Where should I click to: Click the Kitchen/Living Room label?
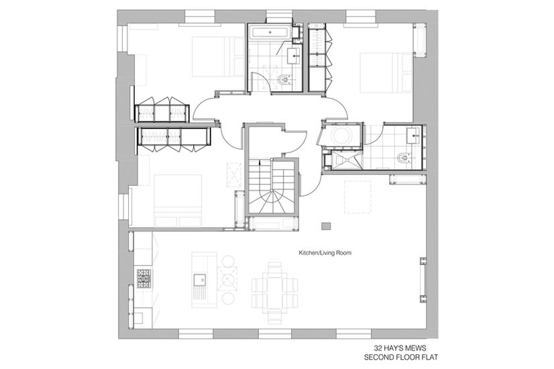pos(325,253)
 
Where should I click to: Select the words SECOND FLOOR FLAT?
pos(401,358)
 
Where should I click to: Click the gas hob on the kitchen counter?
pos(144,278)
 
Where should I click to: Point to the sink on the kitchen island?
pos(199,279)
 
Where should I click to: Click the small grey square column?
pos(326,226)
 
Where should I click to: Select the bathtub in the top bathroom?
pos(271,32)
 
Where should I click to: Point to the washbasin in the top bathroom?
pos(294,56)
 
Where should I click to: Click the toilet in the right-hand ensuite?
pos(403,157)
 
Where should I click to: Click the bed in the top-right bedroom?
pos(386,72)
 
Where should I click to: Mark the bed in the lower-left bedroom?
pos(178,201)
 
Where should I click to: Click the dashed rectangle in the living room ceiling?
pos(357,197)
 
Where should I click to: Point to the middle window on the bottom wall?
pos(275,334)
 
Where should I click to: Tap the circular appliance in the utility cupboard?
pos(342,135)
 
